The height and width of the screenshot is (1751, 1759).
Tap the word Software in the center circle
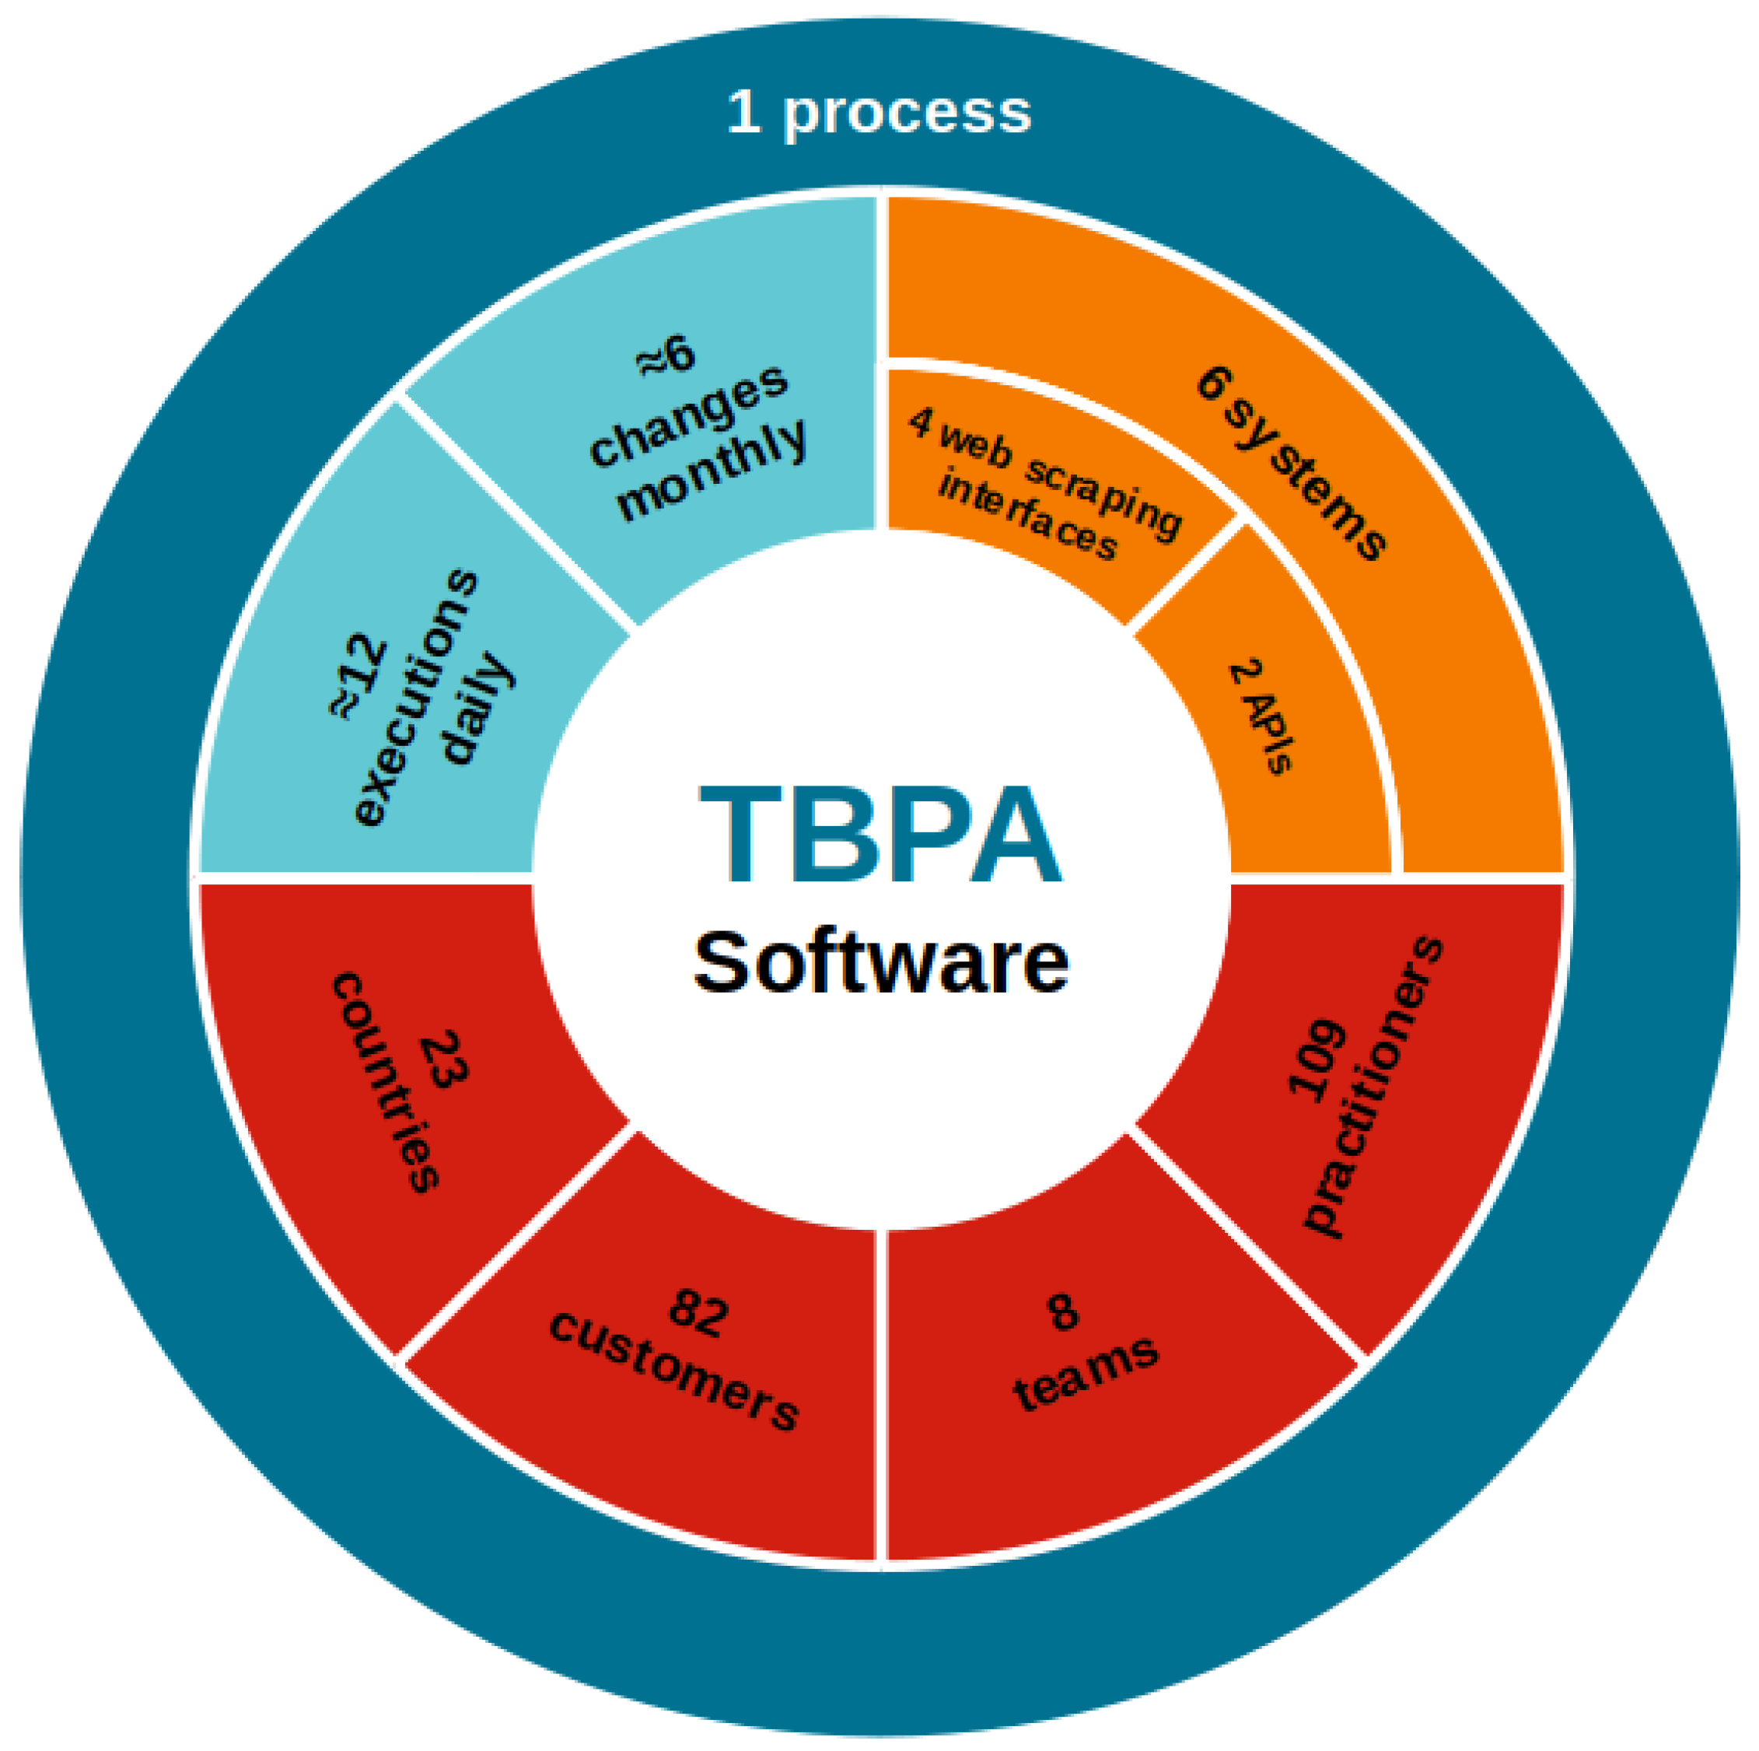click(879, 962)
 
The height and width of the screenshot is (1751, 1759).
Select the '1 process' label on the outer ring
click(879, 113)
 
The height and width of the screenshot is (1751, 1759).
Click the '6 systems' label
click(1291, 463)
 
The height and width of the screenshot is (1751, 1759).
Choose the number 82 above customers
click(698, 1313)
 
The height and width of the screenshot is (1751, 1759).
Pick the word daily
click(476, 709)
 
